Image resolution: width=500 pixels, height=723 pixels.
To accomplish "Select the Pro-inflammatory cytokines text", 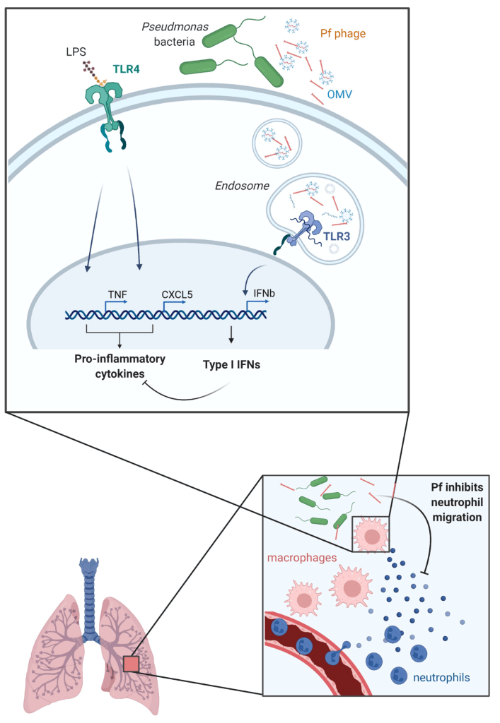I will point(120,366).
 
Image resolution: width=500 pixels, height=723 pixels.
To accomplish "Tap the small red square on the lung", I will point(132,664).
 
